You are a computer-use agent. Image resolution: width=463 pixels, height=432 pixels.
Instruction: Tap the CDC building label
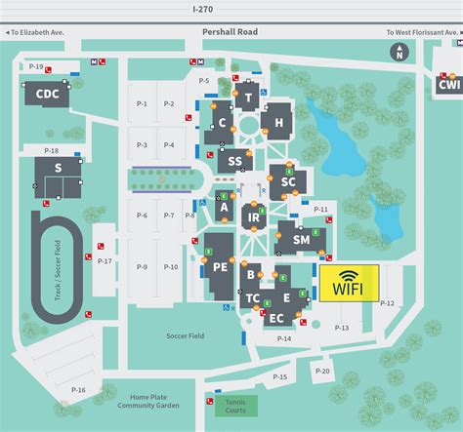click(x=48, y=94)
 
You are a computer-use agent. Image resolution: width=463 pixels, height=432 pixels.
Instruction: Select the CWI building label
click(x=448, y=85)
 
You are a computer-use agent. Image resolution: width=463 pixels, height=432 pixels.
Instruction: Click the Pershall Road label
click(x=229, y=32)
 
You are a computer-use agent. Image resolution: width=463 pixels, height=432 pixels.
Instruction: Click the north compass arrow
click(x=400, y=53)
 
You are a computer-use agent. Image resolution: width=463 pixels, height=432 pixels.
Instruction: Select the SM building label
click(x=301, y=239)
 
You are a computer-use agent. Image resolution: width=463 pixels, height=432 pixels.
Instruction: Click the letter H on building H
click(x=278, y=122)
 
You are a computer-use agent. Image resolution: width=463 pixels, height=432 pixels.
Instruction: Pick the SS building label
click(x=234, y=162)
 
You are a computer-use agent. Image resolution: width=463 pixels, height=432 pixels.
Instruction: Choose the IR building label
click(x=253, y=216)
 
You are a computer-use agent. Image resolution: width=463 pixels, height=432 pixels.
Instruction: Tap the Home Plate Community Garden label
click(x=157, y=401)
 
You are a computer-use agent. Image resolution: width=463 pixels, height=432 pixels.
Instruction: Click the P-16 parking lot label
click(x=77, y=390)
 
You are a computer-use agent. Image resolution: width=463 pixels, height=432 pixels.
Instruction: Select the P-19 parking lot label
click(x=36, y=65)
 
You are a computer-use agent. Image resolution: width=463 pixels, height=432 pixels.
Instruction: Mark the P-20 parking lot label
click(x=323, y=371)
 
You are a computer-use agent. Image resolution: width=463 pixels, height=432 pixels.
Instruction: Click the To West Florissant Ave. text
click(x=421, y=32)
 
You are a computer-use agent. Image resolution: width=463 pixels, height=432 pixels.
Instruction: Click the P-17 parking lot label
click(x=105, y=261)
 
